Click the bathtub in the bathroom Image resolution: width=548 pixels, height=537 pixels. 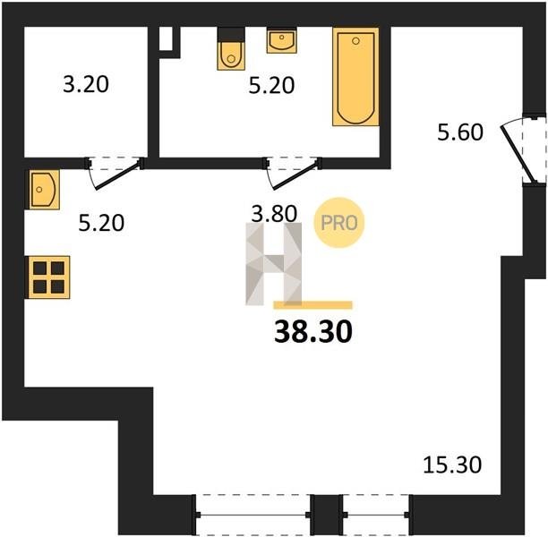coord(355,77)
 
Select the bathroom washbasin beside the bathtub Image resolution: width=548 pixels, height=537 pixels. coord(282,41)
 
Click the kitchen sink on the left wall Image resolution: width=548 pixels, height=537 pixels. coord(44,190)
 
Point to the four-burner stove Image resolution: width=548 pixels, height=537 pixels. coord(48,277)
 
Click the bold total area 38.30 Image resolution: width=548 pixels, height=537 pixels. coord(313,332)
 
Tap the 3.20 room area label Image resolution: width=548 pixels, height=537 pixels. coord(86,84)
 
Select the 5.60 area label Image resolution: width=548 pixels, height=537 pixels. coord(460,132)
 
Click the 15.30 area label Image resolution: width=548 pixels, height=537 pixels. coord(452,465)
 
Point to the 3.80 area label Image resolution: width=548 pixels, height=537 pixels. coord(274,214)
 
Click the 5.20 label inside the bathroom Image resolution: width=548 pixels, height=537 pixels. coord(271,85)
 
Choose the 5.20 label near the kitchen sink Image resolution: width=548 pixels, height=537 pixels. coord(101,223)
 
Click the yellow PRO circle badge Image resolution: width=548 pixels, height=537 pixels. coord(339,223)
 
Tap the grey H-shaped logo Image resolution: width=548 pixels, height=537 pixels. coord(274,264)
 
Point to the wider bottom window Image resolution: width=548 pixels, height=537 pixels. coord(252,515)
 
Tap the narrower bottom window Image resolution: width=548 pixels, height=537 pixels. coord(376,515)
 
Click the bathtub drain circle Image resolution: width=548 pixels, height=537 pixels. coord(355,41)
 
